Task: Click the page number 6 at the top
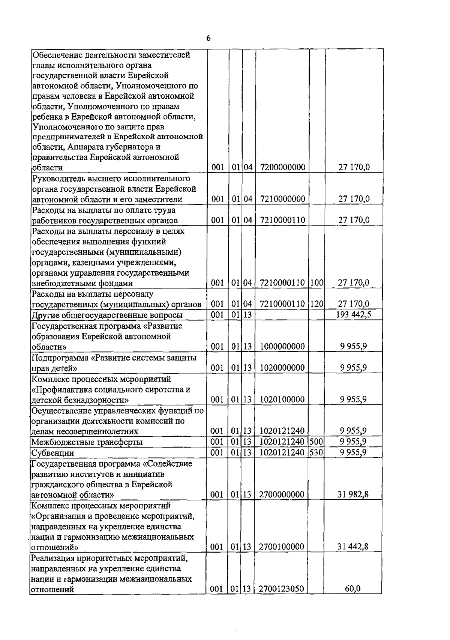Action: pos(208,38)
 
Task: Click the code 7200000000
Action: pos(282,167)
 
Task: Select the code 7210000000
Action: pos(282,199)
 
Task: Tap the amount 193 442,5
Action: pos(354,314)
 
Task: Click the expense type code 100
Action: pos(317,283)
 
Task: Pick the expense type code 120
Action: pos(317,304)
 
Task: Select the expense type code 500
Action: pos(316,442)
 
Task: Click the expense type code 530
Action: pos(316,452)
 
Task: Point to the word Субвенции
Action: pos(52,453)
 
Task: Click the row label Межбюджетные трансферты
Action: pos(87,442)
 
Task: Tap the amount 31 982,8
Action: pos(354,495)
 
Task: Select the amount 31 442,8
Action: pos(354,547)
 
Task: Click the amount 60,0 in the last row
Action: pos(353,589)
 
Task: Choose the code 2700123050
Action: pos(282,589)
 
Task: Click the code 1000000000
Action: pos(282,346)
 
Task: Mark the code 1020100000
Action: pos(282,400)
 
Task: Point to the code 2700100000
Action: pos(282,547)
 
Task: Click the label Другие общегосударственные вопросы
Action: pos(107,315)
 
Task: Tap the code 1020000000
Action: pos(282,368)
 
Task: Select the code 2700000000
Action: pos(282,495)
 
